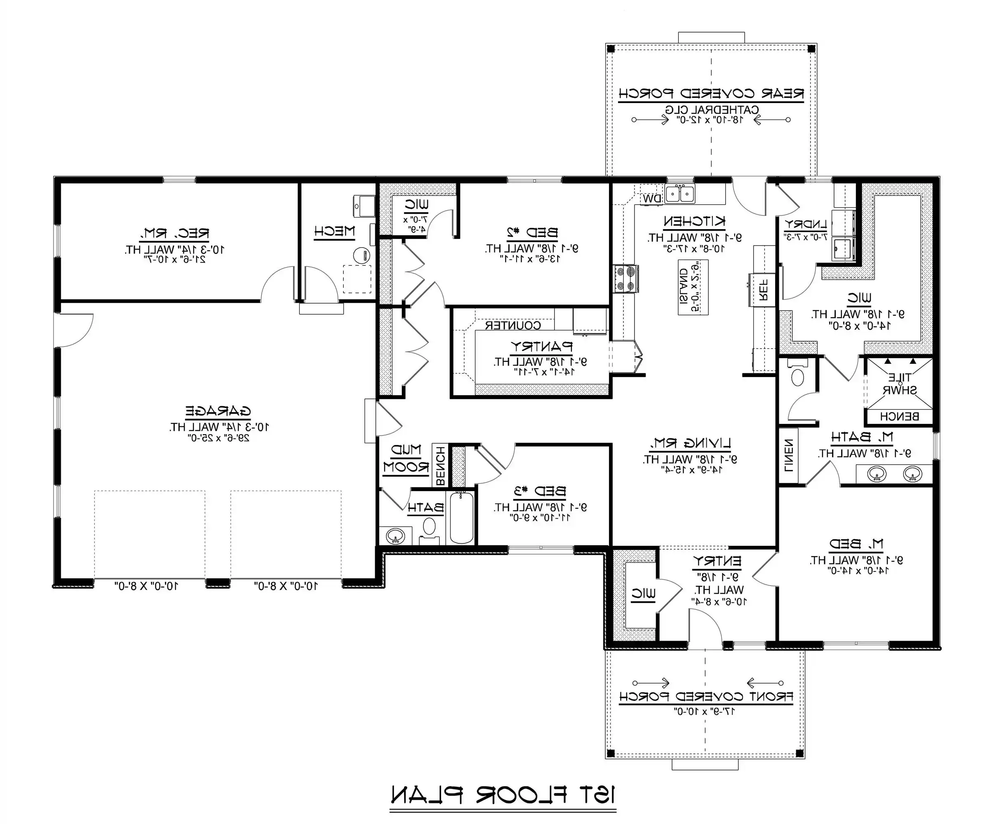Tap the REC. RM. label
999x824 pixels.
coord(174,233)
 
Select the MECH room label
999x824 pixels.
coord(334,231)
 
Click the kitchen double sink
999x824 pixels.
coord(680,194)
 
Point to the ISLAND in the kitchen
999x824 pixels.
coord(693,287)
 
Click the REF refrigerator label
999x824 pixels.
coord(763,290)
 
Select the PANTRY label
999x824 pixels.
coord(541,346)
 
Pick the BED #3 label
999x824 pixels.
coord(540,491)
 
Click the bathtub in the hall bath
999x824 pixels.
coord(461,518)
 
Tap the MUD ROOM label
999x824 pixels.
coord(406,458)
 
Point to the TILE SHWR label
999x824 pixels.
coord(899,384)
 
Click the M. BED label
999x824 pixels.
coord(856,543)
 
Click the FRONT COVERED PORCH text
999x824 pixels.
coord(706,697)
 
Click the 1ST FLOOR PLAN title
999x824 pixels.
coord(503,795)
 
